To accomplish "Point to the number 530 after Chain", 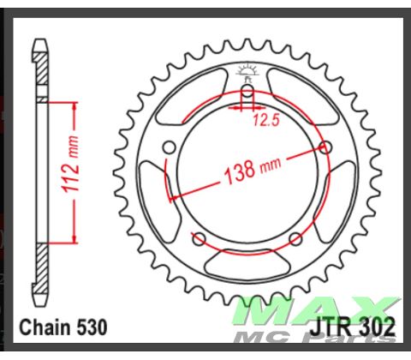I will [x=92, y=327].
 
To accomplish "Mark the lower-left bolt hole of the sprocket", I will [x=198, y=237].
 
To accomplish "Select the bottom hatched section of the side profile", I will [x=40, y=270].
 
